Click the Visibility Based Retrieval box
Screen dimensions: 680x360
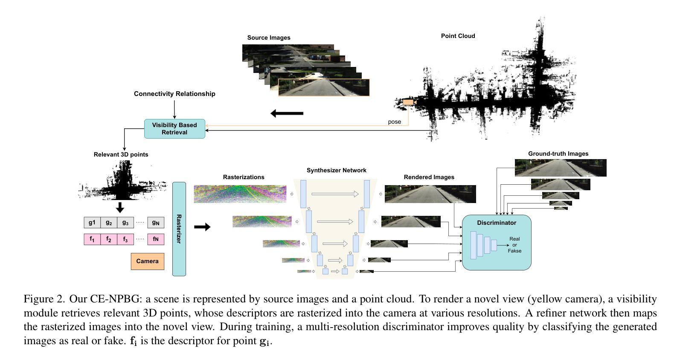tap(174, 129)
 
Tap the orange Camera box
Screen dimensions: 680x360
tap(148, 261)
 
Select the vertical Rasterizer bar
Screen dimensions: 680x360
tap(179, 229)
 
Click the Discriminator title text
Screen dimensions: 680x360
tap(497, 223)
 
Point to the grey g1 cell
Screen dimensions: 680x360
tap(92, 223)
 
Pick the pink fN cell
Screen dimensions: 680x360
tap(156, 239)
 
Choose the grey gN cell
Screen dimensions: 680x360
tap(156, 223)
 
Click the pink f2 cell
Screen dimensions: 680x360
tap(109, 239)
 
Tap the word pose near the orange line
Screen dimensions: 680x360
tap(394, 122)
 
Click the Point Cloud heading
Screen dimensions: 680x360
tap(458, 36)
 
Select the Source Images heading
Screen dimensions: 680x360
tap(269, 38)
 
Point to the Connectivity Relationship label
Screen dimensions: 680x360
tap(174, 94)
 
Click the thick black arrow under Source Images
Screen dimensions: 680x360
tap(287, 113)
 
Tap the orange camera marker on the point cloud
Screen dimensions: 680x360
tap(408, 102)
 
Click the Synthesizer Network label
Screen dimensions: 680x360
tap(336, 170)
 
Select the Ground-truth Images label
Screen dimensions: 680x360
tap(558, 154)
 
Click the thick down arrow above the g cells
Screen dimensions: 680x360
tap(120, 207)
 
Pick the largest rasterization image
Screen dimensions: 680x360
tap(240, 194)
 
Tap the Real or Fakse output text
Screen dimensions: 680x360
tap(514, 245)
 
